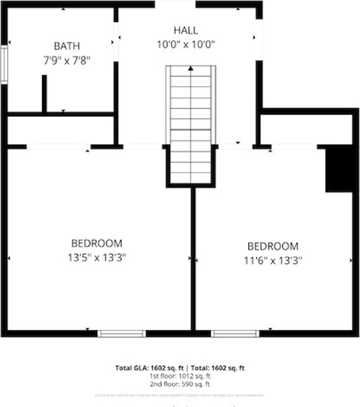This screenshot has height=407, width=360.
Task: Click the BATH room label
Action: pos(67,46)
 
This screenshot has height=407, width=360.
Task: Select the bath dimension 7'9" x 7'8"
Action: pos(67,60)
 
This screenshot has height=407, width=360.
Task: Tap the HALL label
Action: pos(186,31)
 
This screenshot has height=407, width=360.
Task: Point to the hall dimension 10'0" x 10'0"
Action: pos(186,45)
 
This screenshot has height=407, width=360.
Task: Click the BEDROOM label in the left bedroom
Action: pos(97,243)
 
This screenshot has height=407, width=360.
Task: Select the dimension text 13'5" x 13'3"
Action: pos(97,257)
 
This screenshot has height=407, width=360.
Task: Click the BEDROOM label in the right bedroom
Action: pos(273,246)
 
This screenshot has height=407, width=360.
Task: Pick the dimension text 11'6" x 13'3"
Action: pos(273,260)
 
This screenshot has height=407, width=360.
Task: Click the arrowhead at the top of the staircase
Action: pos(191,68)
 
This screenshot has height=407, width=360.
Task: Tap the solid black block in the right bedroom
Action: pos(339,169)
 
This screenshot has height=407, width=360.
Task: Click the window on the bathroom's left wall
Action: pos(4,65)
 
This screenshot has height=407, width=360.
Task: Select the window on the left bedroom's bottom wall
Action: pos(122,334)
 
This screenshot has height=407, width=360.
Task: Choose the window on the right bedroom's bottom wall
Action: pos(235,334)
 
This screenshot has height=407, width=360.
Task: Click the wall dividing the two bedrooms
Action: pos(193,259)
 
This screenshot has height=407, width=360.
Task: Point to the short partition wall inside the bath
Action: pos(44,94)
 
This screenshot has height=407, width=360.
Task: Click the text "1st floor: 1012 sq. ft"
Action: pos(180,376)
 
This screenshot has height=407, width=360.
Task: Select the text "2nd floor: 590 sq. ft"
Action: pos(180,384)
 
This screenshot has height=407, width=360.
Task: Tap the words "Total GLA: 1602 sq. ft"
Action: pos(151,368)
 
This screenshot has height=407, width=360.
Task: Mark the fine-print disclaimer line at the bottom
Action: pos(180,396)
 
